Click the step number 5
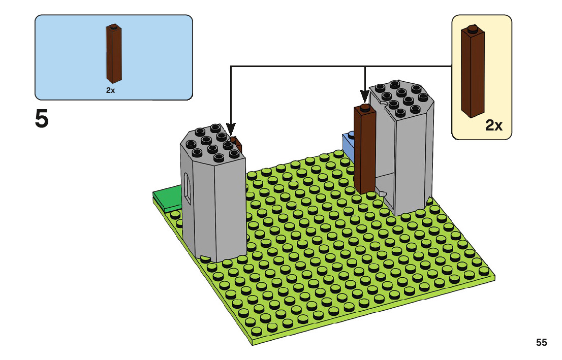click(x=42, y=119)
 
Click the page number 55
click(x=541, y=342)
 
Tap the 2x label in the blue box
click(x=110, y=90)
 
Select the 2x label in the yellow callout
click(x=493, y=125)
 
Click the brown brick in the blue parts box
click(x=114, y=53)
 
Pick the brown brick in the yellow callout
click(x=473, y=72)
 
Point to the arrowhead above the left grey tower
click(x=231, y=129)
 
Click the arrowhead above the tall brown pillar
click(x=365, y=96)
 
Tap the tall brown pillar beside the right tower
click(x=365, y=149)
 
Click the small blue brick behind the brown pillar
click(x=349, y=146)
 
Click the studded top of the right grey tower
click(x=401, y=98)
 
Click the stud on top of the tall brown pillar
click(x=365, y=107)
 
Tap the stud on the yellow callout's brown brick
click(x=473, y=28)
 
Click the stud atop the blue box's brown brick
click(x=114, y=26)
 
